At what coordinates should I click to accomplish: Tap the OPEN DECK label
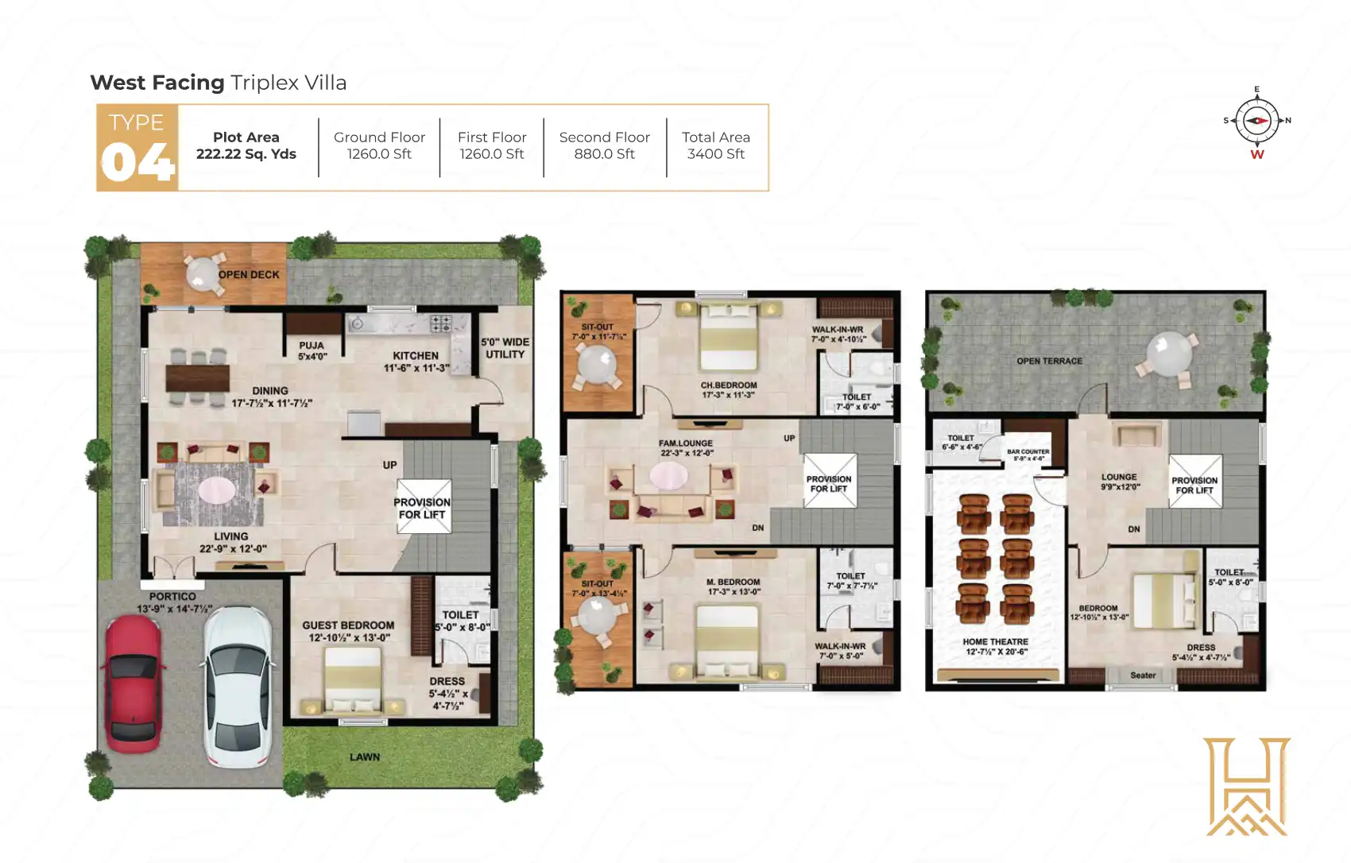coord(249,275)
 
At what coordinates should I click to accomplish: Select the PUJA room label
coord(312,350)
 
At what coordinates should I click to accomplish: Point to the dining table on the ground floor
coord(197,377)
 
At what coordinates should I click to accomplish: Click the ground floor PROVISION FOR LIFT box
coord(423,506)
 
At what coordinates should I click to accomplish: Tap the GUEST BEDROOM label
coord(348,631)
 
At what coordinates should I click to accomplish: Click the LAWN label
coord(365,757)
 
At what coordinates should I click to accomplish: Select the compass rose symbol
coord(1256,121)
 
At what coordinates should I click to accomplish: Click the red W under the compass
coord(1256,155)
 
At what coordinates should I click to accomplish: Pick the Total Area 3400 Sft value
coord(715,154)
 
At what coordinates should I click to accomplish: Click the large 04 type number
coord(137,163)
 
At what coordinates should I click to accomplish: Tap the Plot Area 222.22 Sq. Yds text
coord(246,146)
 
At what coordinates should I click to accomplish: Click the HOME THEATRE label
coord(995,646)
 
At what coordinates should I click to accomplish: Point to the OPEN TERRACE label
coord(1049,361)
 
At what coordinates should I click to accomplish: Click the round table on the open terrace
coord(1168,354)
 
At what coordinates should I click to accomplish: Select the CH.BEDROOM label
coord(728,389)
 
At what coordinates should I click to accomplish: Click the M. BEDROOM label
coord(733,586)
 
